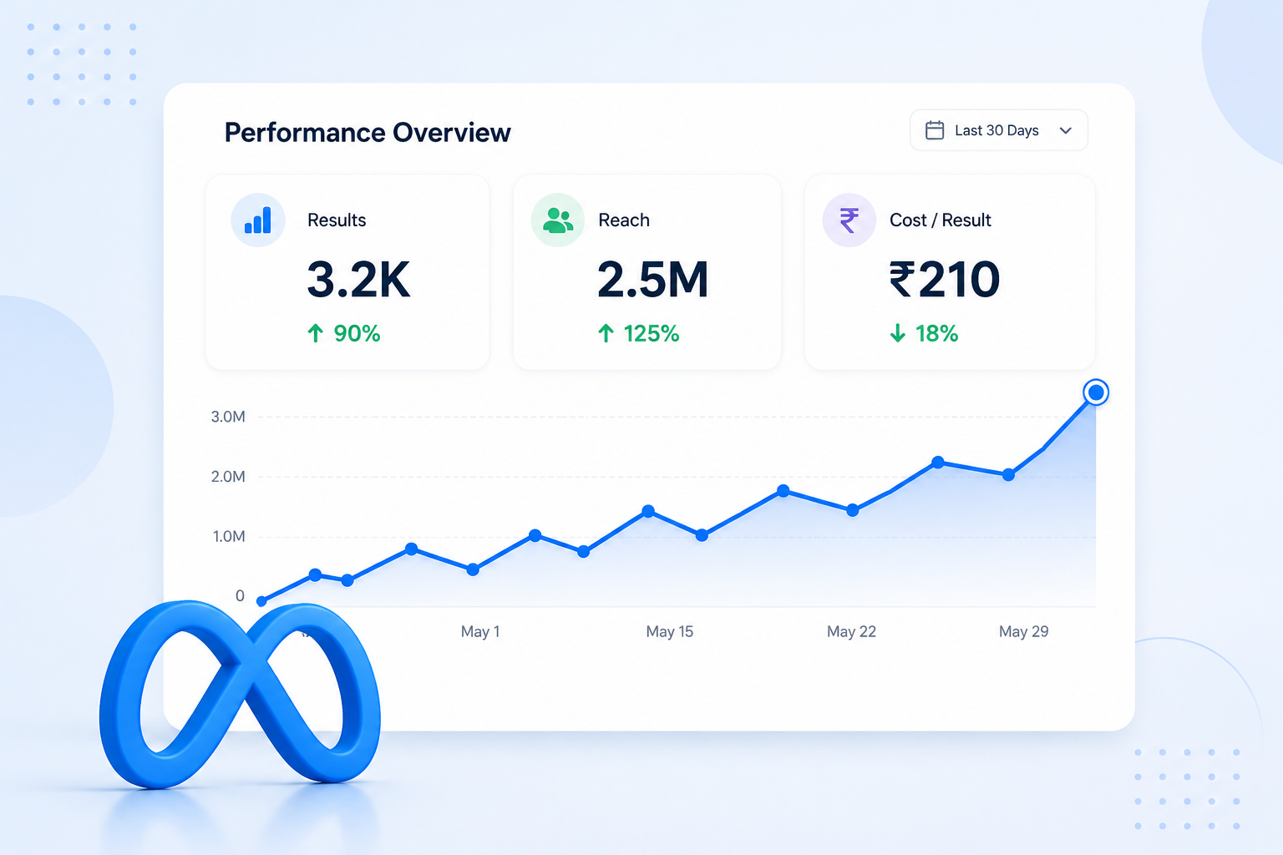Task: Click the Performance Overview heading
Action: click(x=368, y=132)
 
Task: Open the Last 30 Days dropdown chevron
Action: click(x=1065, y=130)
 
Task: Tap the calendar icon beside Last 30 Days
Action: click(x=935, y=130)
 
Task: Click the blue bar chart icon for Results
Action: click(x=258, y=220)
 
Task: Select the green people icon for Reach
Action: click(x=558, y=220)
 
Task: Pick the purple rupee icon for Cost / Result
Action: click(x=849, y=220)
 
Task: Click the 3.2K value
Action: click(x=358, y=280)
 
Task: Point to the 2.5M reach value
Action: click(x=653, y=280)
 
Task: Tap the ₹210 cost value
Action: click(x=945, y=280)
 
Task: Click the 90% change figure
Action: click(x=357, y=333)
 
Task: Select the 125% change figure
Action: click(x=652, y=333)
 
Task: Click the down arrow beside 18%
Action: click(x=898, y=333)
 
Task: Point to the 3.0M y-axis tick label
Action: click(x=228, y=417)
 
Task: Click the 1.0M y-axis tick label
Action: click(x=229, y=537)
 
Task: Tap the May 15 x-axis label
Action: click(x=670, y=632)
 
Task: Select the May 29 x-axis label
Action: click(x=1023, y=632)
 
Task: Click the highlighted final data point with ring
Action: click(x=1096, y=392)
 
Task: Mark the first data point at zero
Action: click(x=261, y=601)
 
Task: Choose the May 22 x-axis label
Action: click(x=851, y=632)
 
